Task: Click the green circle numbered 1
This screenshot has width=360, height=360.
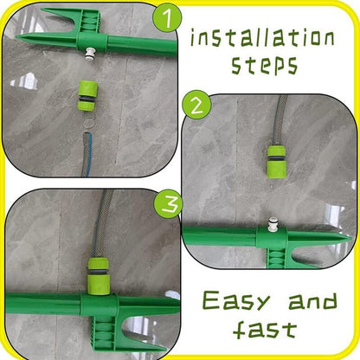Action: tap(167, 17)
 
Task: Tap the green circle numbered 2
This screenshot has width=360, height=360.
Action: tap(197, 105)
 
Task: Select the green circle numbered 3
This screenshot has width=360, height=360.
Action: tap(168, 203)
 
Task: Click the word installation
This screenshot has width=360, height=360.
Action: tap(262, 37)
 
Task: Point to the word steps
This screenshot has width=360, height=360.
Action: tap(264, 65)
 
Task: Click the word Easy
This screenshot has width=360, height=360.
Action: tap(236, 300)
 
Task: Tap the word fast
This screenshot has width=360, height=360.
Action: tap(265, 329)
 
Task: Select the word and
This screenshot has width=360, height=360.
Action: tap(312, 301)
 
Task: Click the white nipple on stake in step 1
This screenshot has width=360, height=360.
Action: tap(92, 54)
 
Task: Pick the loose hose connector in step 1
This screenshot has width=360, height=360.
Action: tap(87, 96)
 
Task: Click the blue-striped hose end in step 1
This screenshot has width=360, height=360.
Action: tap(87, 154)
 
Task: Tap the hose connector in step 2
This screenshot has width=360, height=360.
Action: tap(277, 162)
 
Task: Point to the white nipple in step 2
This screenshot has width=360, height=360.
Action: tap(273, 224)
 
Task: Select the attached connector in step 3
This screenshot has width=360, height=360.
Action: tap(98, 276)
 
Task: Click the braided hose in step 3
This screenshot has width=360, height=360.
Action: tap(102, 223)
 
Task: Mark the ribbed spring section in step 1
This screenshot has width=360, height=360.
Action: tap(89, 22)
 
